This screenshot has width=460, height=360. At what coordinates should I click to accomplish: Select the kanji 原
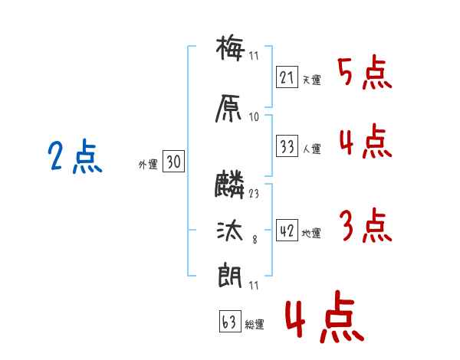click(228, 108)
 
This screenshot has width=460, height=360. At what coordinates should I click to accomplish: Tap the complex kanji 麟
click(229, 185)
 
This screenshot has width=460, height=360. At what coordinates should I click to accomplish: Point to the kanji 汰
click(230, 231)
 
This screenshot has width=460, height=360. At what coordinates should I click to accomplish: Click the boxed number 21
click(287, 77)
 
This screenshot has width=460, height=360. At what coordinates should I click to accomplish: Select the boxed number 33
click(287, 146)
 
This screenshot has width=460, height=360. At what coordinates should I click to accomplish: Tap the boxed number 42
click(287, 230)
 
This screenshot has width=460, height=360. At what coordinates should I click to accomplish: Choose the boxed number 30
click(173, 162)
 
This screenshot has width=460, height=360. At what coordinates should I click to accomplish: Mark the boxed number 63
click(230, 321)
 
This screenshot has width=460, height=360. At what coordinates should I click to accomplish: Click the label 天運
click(311, 80)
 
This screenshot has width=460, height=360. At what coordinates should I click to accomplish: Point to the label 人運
click(311, 149)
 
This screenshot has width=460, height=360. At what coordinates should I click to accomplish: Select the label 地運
click(311, 233)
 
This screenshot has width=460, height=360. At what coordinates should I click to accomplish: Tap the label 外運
click(148, 164)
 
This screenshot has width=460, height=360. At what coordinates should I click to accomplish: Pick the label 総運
click(255, 324)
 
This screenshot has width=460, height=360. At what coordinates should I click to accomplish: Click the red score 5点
click(365, 72)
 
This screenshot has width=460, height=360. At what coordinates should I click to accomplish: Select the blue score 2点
click(75, 156)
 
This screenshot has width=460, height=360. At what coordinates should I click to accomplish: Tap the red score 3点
click(365, 225)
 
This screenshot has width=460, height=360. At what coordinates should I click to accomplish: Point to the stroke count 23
click(254, 194)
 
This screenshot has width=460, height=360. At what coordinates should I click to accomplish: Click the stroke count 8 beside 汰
click(255, 240)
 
